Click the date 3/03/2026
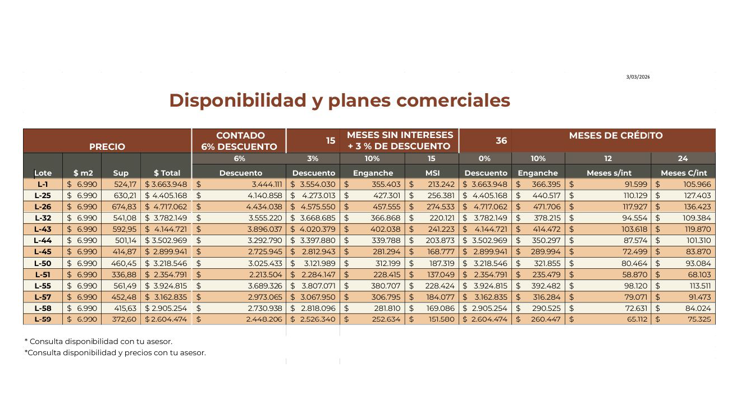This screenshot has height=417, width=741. point(638,77)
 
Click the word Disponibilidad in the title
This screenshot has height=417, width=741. point(237,100)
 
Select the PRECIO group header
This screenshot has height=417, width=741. point(107,146)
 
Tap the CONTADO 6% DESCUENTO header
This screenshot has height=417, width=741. point(239,141)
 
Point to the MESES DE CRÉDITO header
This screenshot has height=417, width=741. point(616,135)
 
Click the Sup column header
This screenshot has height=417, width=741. point(121,173)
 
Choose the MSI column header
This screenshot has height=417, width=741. point(432,173)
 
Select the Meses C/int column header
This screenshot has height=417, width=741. point(684,173)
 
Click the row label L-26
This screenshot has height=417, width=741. point(43,207)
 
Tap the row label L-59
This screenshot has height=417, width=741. point(43,319)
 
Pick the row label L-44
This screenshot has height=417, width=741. point(43,241)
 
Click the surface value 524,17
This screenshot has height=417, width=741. point(125,185)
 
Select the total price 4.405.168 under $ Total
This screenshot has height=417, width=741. point(170,196)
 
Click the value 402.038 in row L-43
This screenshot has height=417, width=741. point(386,230)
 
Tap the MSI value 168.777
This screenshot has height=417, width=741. point(441,252)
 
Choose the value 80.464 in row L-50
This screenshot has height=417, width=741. point(634,264)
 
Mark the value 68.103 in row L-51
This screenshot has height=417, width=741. point(698,275)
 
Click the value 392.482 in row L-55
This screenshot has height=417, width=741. point(546,286)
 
